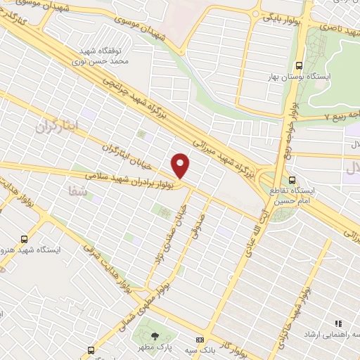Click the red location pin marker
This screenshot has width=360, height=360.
(181, 165)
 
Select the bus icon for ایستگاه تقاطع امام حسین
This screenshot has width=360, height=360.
(291, 179)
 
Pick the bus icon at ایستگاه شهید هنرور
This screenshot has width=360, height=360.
(25, 239)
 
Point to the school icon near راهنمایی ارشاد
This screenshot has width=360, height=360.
(338, 324)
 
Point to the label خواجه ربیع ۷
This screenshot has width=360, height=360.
(335, 115)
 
